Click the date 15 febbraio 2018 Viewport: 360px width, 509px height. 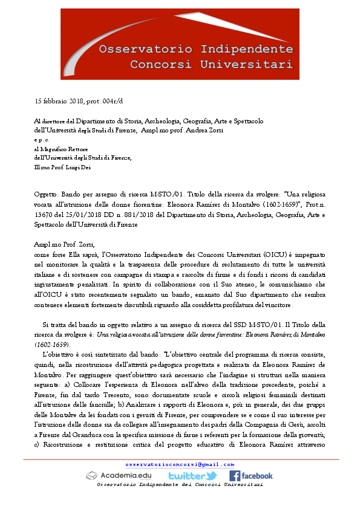point(57,100)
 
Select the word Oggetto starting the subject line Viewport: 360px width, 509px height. point(46,196)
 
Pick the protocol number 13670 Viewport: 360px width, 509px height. point(46,216)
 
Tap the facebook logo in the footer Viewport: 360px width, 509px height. point(251,476)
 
